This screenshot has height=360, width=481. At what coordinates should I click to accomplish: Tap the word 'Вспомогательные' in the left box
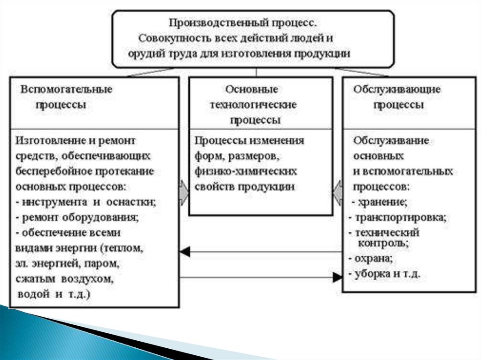[x=66, y=89]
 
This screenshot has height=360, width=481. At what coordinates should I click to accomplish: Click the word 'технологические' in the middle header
[x=253, y=105]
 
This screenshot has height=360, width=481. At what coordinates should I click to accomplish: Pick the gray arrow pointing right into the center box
[x=183, y=192]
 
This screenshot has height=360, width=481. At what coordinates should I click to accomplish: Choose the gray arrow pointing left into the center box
[x=337, y=192]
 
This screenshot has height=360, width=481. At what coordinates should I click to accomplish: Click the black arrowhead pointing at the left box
[x=185, y=252]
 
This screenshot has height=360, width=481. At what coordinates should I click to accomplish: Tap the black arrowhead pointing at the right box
[x=338, y=277]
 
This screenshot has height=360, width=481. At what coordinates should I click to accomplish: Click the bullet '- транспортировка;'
[x=397, y=218]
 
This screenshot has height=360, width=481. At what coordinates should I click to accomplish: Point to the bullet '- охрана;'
[x=371, y=258]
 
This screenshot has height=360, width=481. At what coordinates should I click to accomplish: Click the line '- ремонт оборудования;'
[x=78, y=217]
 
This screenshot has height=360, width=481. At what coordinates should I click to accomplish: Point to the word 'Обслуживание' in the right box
[x=391, y=141]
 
